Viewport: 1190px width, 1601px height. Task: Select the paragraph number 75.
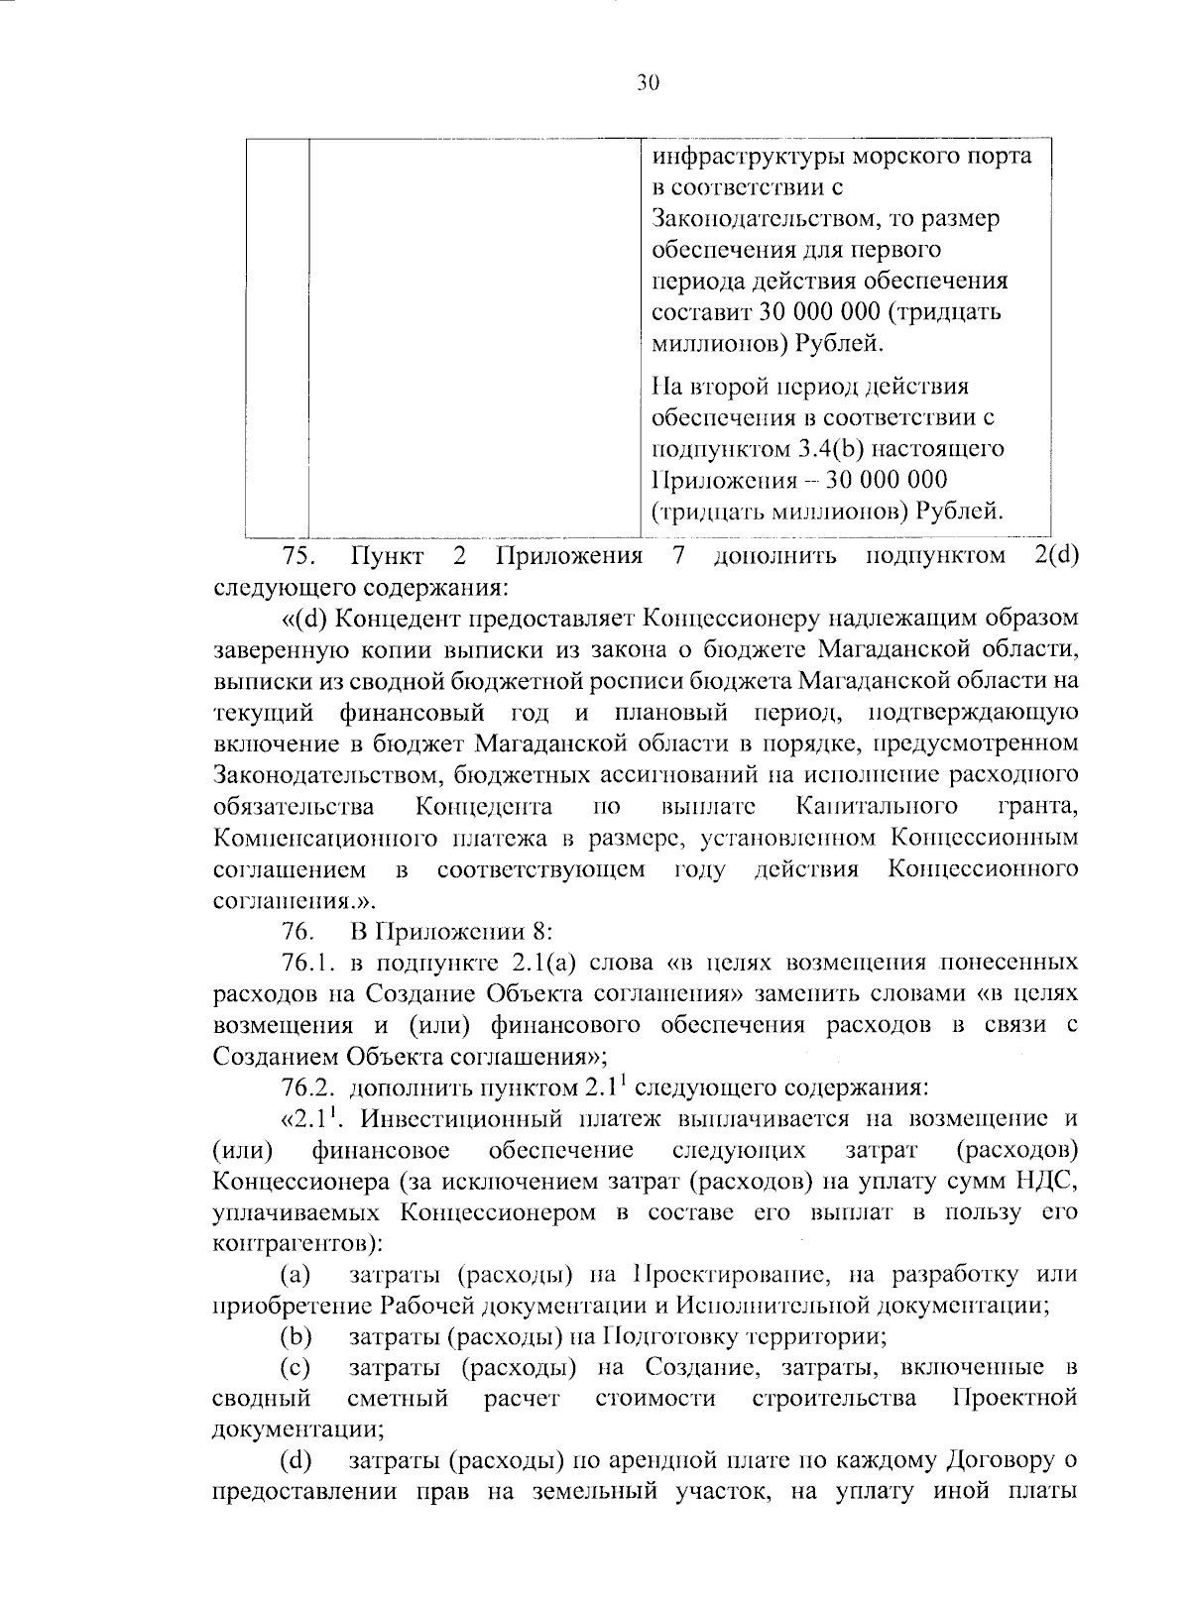298,554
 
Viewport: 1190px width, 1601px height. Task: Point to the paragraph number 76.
298,931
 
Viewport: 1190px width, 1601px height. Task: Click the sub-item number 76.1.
308,962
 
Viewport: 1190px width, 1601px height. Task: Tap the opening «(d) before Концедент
304,618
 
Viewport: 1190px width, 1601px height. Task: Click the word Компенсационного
321,838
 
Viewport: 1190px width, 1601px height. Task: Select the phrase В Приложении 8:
451,931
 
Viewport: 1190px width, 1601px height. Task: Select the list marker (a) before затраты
296,1274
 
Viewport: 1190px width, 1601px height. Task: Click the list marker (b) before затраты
296,1336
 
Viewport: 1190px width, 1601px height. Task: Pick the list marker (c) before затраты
296,1368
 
